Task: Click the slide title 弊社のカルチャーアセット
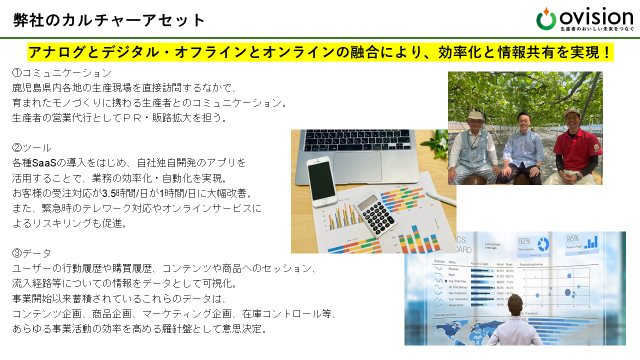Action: click(x=109, y=20)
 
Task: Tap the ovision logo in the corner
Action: click(x=585, y=19)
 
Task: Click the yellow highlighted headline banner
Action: click(x=320, y=52)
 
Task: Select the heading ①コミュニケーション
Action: click(x=61, y=73)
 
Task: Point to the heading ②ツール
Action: click(x=31, y=147)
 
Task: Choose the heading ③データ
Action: click(x=31, y=253)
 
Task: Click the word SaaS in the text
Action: click(x=42, y=162)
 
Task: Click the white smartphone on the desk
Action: click(x=320, y=180)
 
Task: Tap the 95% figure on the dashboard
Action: click(x=573, y=238)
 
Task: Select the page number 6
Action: click(x=588, y=343)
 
